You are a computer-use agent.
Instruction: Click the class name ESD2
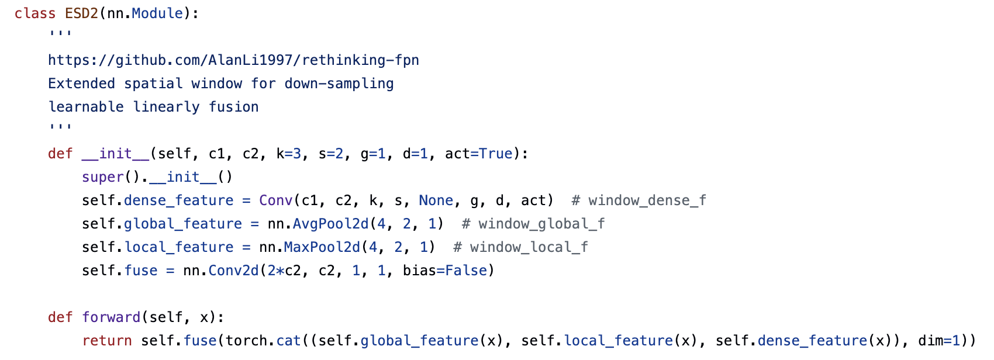pyautogui.click(x=81, y=13)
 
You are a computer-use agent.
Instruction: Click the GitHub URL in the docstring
pyautogui.click(x=233, y=60)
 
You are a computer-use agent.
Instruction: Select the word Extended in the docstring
pyautogui.click(x=81, y=84)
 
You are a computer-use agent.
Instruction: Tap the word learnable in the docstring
pyautogui.click(x=85, y=107)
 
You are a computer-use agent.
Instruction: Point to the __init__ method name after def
pyautogui.click(x=115, y=154)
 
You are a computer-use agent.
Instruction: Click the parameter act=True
pyautogui.click(x=478, y=154)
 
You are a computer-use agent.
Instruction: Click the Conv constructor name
pyautogui.click(x=275, y=200)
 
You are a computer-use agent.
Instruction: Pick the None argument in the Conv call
pyautogui.click(x=436, y=200)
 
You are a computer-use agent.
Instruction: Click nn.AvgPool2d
pyautogui.click(x=318, y=224)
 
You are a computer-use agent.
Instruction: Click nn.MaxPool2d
pyautogui.click(x=310, y=247)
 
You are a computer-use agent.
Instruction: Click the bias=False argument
pyautogui.click(x=444, y=271)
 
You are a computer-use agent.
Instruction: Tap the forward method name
pyautogui.click(x=111, y=317)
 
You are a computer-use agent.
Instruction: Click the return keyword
pyautogui.click(x=106, y=341)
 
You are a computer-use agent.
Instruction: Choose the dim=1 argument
pyautogui.click(x=939, y=341)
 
